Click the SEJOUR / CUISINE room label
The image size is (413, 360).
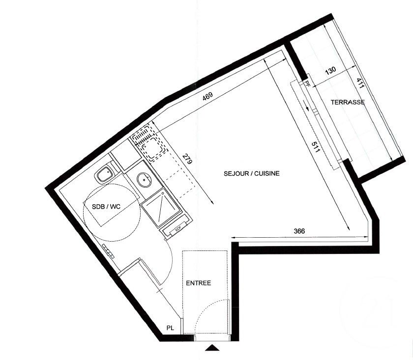tap(252, 173)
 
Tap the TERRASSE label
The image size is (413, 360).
tap(348, 102)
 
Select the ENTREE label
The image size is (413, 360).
tap(198, 283)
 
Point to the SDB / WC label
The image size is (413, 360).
tap(106, 207)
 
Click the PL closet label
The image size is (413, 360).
tap(170, 328)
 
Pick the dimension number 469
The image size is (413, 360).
tap(207, 96)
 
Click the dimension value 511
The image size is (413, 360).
tap(315, 147)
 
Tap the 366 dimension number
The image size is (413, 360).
tap(299, 231)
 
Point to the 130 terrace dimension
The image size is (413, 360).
tap(330, 71)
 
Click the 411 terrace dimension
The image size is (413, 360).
tap(360, 83)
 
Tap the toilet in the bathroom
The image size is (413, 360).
tap(105, 173)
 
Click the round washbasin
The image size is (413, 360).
tap(144, 180)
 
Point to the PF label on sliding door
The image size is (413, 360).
tap(307, 83)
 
